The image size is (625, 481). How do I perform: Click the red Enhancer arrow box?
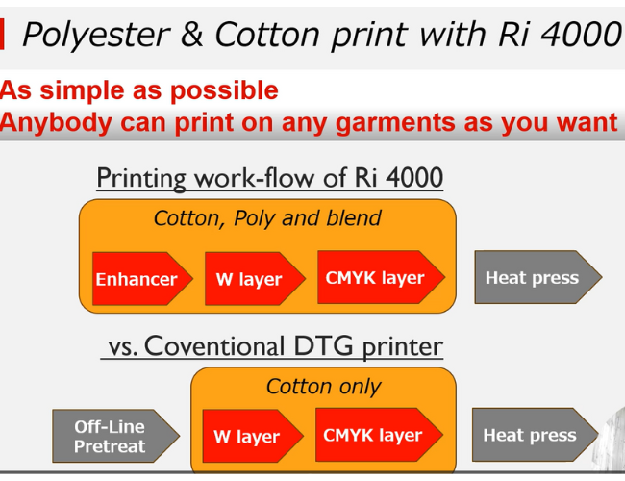[142, 279]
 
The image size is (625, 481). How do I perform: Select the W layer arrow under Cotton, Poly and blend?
[255, 279]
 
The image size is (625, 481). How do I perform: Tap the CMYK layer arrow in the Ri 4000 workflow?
[381, 277]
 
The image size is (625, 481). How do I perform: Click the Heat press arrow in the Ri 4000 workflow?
[538, 277]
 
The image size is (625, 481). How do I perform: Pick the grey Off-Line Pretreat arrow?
[115, 436]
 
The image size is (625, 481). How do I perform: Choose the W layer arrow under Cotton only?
[253, 436]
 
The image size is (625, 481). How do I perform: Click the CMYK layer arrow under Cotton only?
[379, 435]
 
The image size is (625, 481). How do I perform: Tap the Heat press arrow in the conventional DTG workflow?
[536, 435]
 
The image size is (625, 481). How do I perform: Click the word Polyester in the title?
[96, 35]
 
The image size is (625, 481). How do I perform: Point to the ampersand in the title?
[191, 35]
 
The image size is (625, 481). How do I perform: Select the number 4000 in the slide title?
[581, 35]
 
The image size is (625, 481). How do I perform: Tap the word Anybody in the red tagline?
[56, 122]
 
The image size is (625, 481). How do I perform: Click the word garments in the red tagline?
[395, 123]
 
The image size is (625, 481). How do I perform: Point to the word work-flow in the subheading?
[255, 177]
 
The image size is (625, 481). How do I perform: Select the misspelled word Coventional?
[214, 345]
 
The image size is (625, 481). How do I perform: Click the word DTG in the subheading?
[323, 345]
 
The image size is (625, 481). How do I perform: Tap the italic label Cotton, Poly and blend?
[267, 218]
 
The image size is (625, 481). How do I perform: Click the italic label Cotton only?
[323, 387]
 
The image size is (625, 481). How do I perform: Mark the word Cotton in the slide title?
[267, 35]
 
